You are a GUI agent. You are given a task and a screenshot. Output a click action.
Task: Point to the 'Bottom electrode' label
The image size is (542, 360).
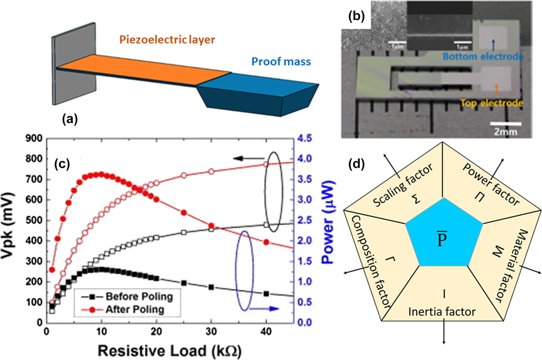(x=491, y=57)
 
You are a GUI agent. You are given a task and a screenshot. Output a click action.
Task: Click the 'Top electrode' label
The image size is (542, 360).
(x=491, y=102)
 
